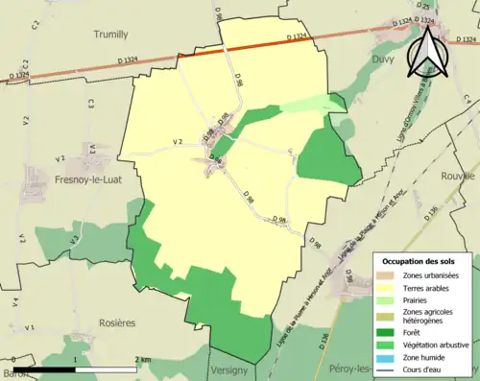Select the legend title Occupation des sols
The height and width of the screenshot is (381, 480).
420,261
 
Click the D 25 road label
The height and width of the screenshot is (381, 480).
425,7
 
